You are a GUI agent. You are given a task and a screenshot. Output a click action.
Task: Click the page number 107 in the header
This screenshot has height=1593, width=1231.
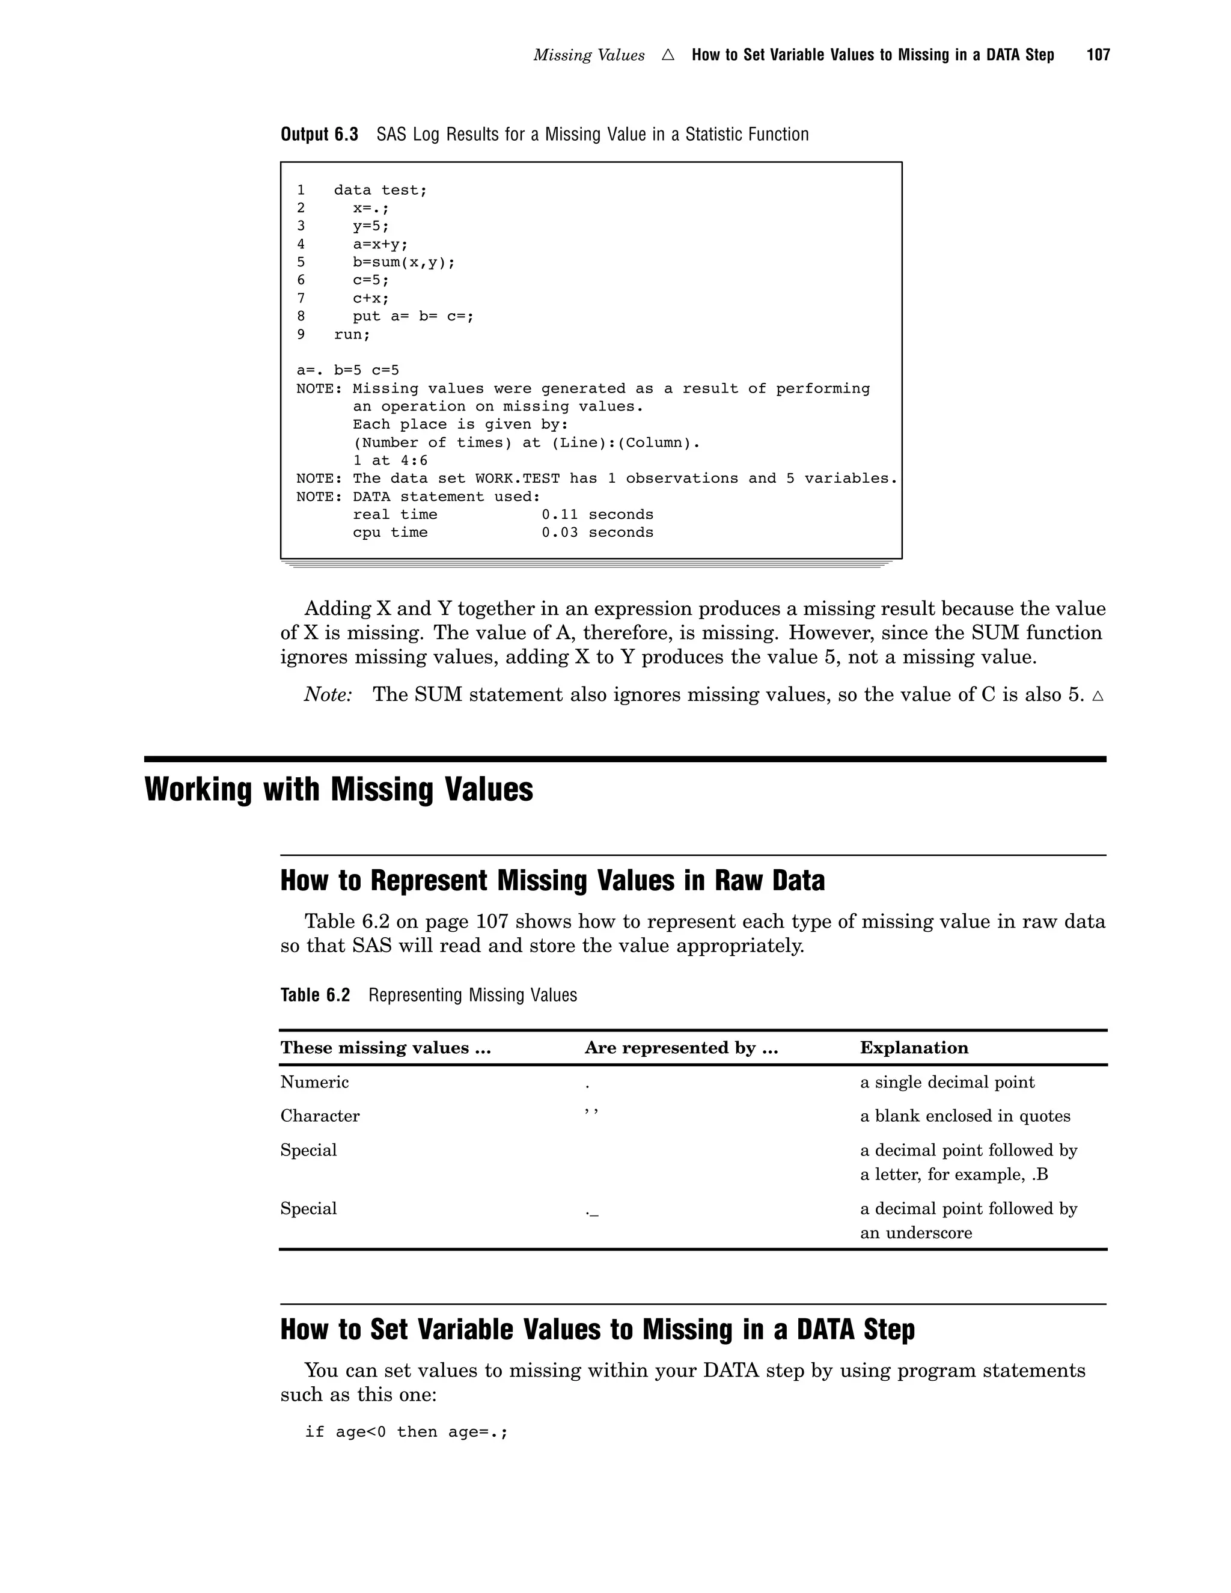pos(1098,55)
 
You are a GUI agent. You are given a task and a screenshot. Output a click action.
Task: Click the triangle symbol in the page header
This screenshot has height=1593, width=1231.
pos(668,55)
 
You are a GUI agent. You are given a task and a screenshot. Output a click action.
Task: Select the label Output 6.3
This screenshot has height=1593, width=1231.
pos(319,134)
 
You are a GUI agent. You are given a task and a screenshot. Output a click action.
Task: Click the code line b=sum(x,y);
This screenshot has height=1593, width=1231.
pos(403,262)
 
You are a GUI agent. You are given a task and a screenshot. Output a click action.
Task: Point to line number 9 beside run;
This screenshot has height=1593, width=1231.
pos(301,334)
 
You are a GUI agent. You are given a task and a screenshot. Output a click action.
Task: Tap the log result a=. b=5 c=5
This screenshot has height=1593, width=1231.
pos(347,370)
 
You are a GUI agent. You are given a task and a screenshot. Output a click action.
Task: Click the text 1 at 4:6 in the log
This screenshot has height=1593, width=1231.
pos(390,460)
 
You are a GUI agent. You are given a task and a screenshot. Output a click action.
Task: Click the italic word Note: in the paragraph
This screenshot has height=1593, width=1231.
pos(328,694)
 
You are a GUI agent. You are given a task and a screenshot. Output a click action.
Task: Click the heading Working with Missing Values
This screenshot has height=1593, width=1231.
pos(338,789)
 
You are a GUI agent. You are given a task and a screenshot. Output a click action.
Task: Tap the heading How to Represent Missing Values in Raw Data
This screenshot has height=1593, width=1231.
pos(552,881)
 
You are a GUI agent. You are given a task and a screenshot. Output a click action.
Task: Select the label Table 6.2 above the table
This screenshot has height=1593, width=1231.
pos(315,995)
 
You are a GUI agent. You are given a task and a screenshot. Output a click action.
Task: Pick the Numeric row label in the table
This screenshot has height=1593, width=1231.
pos(314,1081)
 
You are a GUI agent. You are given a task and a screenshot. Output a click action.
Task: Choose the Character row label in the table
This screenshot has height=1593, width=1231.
pos(319,1116)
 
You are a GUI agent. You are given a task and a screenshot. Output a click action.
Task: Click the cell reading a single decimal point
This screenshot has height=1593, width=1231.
pos(947,1081)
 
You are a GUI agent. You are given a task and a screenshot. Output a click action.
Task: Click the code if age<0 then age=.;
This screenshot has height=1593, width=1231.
pos(406,1432)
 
